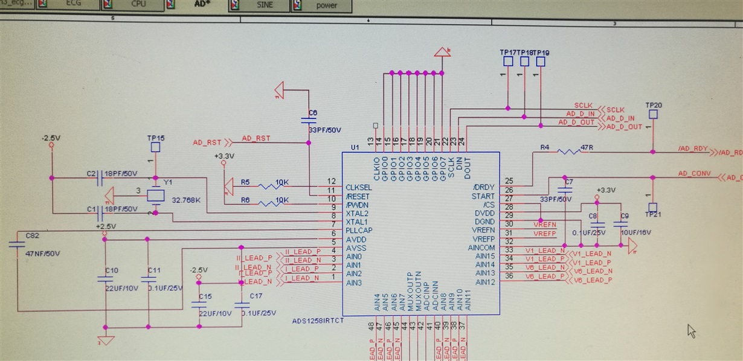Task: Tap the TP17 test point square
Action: tap(508, 61)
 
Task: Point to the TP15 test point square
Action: tap(155, 147)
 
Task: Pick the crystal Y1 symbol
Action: tap(156, 194)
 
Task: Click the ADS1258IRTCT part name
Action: tap(318, 320)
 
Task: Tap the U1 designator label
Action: tap(355, 147)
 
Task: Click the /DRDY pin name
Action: tap(484, 188)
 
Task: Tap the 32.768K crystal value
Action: tap(187, 200)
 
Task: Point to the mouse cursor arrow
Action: tap(691, 330)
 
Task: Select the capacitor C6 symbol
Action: tap(309, 120)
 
